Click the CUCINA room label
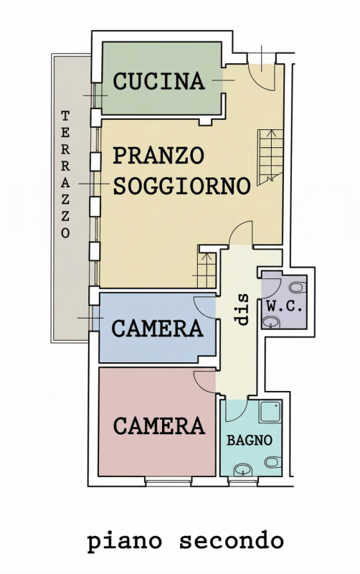[159, 81]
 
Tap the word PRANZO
[159, 155]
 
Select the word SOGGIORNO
[181, 187]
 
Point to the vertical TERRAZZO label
[65, 174]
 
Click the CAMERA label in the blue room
[157, 329]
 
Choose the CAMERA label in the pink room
[158, 425]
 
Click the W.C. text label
[285, 306]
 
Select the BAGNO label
[250, 441]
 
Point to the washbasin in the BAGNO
[245, 469]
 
